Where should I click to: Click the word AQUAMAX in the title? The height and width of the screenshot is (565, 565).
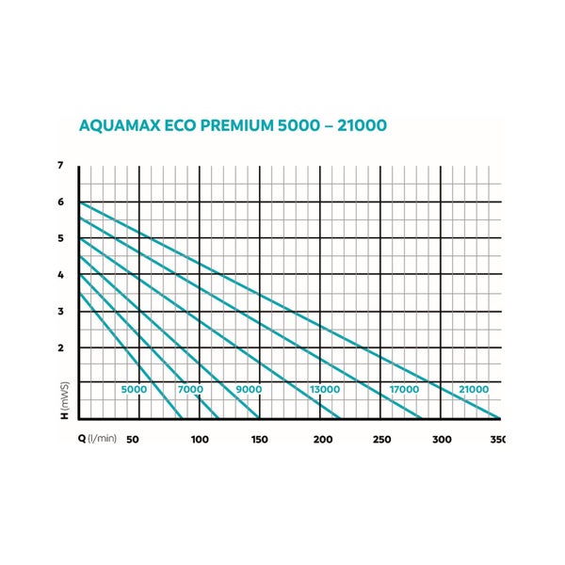tap(126, 125)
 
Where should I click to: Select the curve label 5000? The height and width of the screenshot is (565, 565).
tap(135, 390)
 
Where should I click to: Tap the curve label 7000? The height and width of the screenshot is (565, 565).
tap(190, 390)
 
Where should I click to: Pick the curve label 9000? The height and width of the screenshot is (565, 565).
tap(249, 390)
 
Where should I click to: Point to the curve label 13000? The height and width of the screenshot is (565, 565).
tap(326, 390)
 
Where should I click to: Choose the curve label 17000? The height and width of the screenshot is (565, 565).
tap(404, 390)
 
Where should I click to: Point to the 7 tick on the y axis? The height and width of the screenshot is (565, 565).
tap(61, 166)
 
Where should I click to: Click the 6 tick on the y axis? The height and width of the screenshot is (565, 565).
tap(61, 202)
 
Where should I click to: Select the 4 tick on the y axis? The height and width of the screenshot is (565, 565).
tap(61, 275)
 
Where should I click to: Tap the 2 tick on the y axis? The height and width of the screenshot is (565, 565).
tap(61, 347)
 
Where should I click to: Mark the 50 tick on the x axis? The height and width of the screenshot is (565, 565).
tap(134, 439)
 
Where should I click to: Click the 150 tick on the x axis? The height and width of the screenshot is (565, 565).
tap(260, 439)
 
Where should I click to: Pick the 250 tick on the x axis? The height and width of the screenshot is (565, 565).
tap(381, 439)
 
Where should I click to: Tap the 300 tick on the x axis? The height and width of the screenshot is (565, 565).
tap(442, 439)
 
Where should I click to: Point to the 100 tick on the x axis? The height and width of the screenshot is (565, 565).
tap(200, 439)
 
